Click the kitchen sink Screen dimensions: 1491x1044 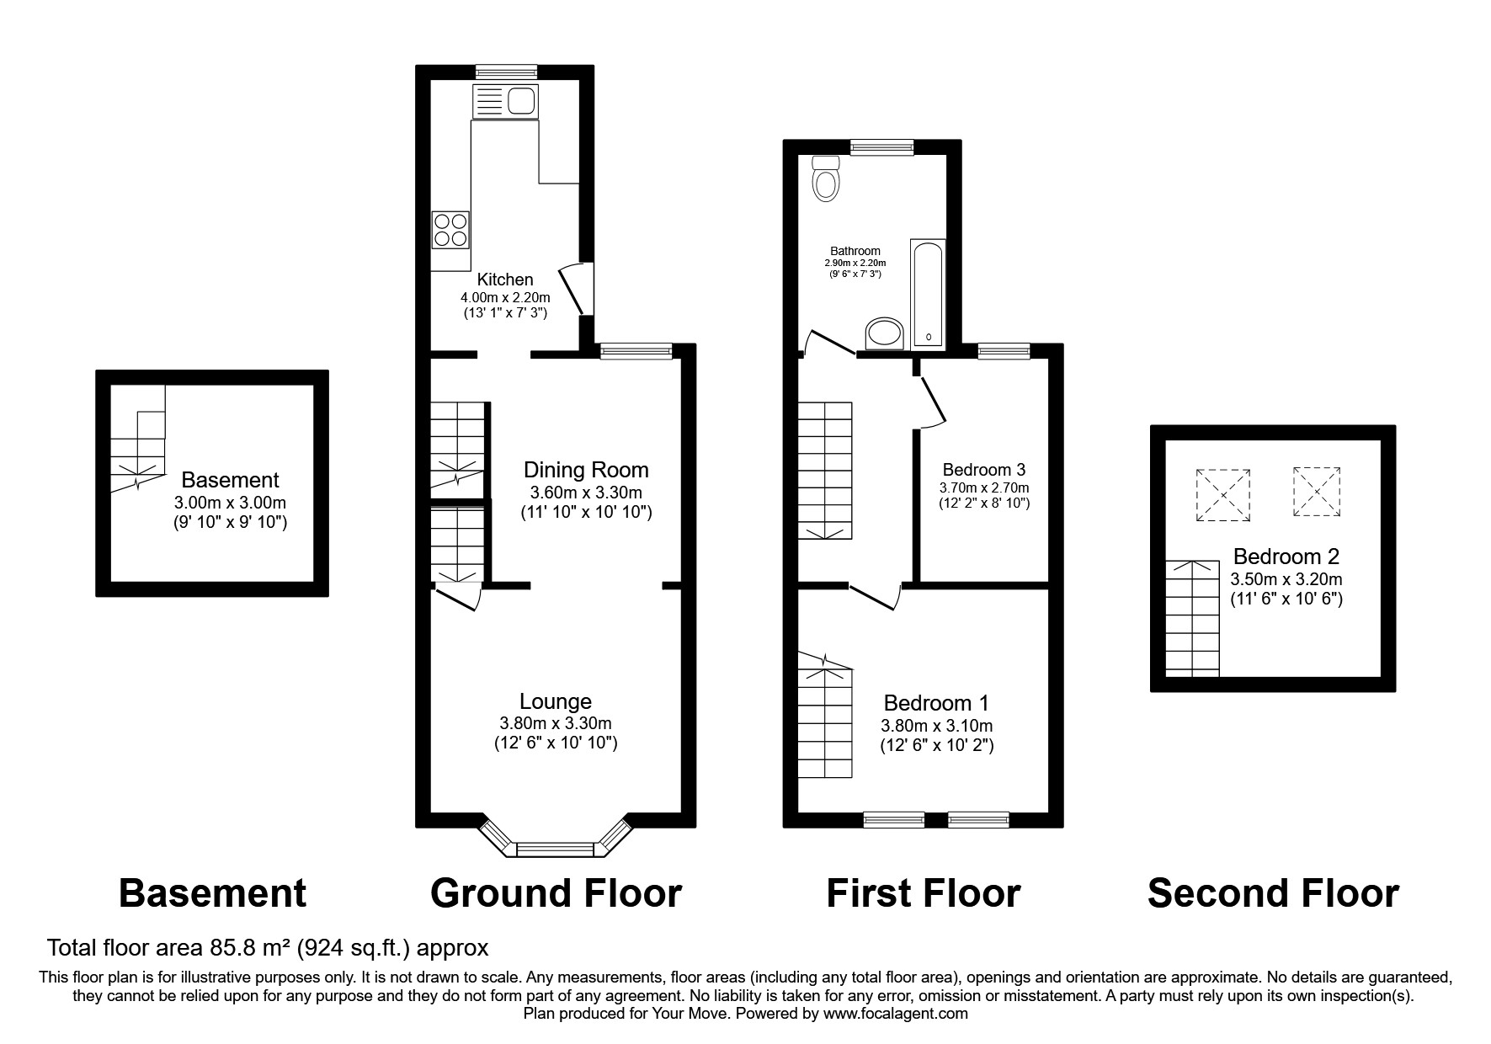pyautogui.click(x=505, y=101)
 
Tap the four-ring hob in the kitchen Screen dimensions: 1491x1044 pyautogui.click(x=450, y=230)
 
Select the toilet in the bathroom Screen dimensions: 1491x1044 pyautogui.click(x=826, y=178)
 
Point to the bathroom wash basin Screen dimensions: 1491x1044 pyautogui.click(x=884, y=333)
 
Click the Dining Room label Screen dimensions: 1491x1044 pyautogui.click(x=586, y=470)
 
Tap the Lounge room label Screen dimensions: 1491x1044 pyautogui.click(x=556, y=701)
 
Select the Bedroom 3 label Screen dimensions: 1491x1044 pyautogui.click(x=984, y=470)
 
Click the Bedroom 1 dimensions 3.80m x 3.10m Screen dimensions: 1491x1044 pyautogui.click(x=937, y=726)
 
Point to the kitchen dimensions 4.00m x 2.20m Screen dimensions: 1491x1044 pyautogui.click(x=505, y=297)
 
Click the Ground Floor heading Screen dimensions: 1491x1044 pyautogui.click(x=556, y=893)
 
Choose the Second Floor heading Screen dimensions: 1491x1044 pyautogui.click(x=1273, y=893)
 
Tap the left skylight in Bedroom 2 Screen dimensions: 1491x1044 pyautogui.click(x=1223, y=495)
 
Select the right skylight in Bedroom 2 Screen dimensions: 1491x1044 pyautogui.click(x=1317, y=491)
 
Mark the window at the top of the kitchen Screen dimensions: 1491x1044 pyautogui.click(x=505, y=72)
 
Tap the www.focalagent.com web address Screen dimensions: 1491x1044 pyautogui.click(x=896, y=1014)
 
